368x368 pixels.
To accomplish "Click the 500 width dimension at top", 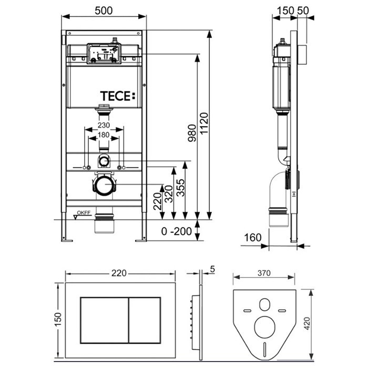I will pyautogui.click(x=104, y=9).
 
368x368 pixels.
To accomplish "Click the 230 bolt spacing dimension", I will pyautogui.click(x=104, y=126).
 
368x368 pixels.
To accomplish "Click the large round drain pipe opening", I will pyautogui.click(x=104, y=185).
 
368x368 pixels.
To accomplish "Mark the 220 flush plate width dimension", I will pyautogui.click(x=120, y=273).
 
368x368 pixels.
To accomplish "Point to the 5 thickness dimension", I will pyautogui.click(x=212, y=269).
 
